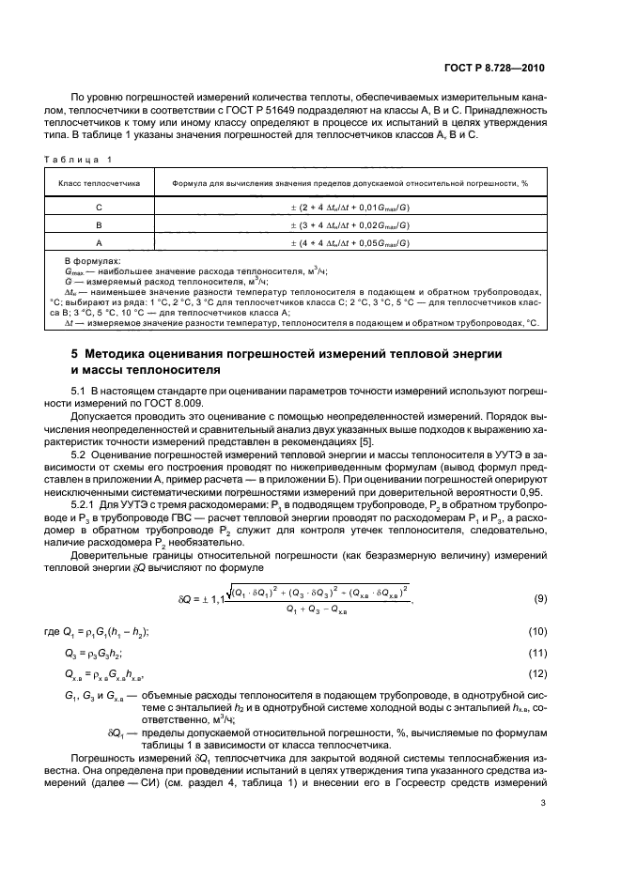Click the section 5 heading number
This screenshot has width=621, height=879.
coord(75,353)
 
